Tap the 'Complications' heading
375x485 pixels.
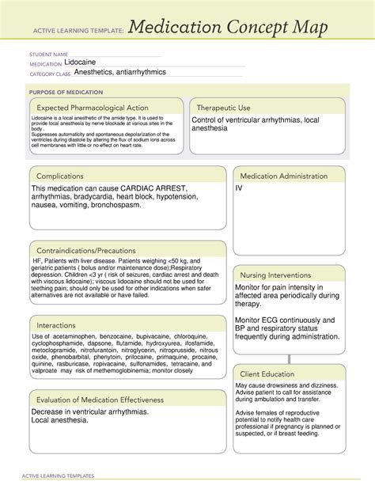(x=61, y=176)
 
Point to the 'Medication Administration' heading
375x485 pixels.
(x=290, y=176)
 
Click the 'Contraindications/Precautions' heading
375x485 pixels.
(x=85, y=250)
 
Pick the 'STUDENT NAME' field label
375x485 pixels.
(x=48, y=54)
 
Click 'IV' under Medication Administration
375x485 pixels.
(x=239, y=188)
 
